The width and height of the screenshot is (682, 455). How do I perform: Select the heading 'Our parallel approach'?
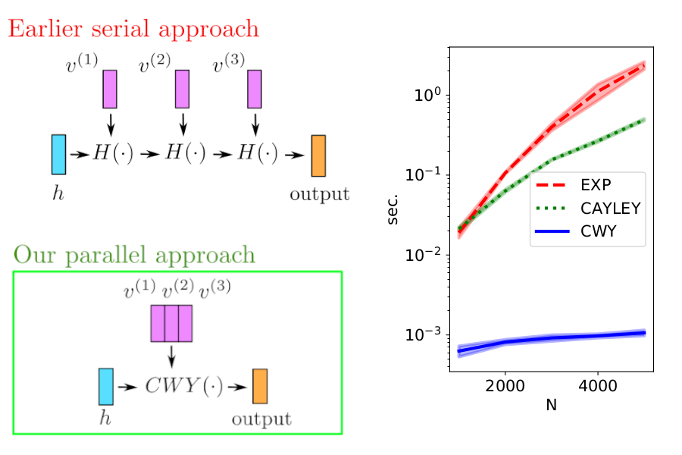point(134,255)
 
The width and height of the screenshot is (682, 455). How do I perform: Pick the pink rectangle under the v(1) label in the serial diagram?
point(110,89)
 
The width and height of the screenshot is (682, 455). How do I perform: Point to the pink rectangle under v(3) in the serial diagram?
point(255,89)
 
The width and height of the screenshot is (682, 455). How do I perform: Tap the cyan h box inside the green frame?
point(105,386)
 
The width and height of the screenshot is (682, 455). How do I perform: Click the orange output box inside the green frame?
point(260,386)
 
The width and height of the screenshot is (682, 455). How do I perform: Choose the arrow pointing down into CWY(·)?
point(171,355)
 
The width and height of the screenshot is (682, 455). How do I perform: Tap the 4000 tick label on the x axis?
point(597,384)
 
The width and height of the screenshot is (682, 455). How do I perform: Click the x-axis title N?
point(551,405)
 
